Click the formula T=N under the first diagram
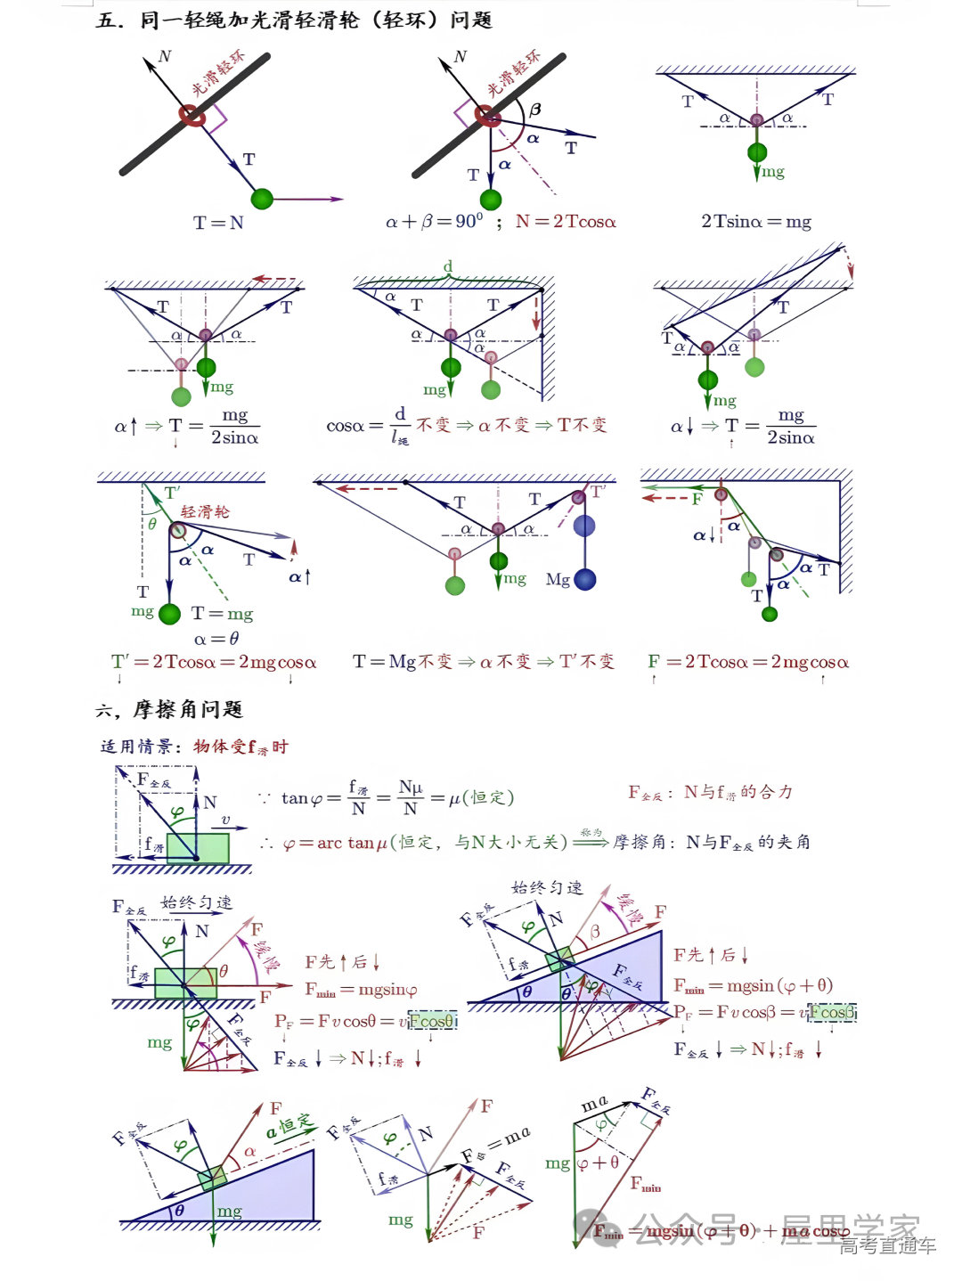(x=218, y=222)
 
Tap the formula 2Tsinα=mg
(x=755, y=221)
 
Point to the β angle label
(x=534, y=110)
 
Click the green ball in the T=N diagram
(x=262, y=199)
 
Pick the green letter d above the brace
(x=448, y=266)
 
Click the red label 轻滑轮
(x=205, y=511)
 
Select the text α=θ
(x=216, y=638)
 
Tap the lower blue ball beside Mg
(x=584, y=580)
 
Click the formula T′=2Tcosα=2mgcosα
(x=214, y=662)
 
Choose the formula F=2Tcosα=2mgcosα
(x=748, y=662)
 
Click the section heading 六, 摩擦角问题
(x=169, y=709)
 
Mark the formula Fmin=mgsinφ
(x=361, y=989)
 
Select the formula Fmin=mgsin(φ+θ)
(x=753, y=985)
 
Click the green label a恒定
(x=290, y=1126)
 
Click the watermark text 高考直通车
(x=887, y=1246)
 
